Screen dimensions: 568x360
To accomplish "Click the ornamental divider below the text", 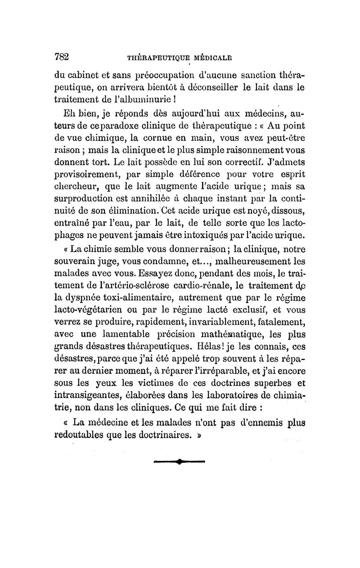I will (x=179, y=461).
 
